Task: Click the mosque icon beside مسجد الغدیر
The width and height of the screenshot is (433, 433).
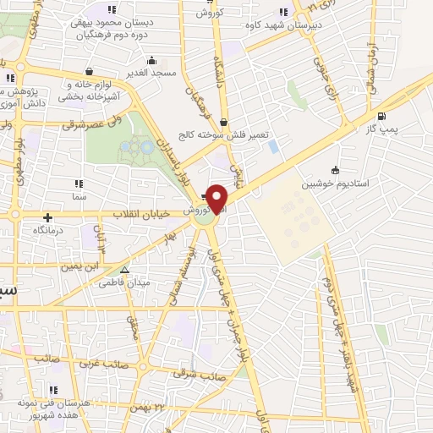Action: [152, 60]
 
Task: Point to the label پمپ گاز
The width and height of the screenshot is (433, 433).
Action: [382, 129]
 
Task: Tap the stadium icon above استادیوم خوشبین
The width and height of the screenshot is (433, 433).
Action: [336, 169]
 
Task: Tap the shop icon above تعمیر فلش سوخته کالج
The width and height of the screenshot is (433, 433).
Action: [222, 122]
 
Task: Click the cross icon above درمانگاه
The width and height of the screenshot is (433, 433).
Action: [48, 217]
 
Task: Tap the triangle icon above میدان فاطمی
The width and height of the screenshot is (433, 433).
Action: [125, 271]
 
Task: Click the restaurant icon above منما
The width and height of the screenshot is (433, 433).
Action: [79, 184]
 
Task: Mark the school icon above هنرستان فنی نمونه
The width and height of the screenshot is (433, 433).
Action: [53, 391]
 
